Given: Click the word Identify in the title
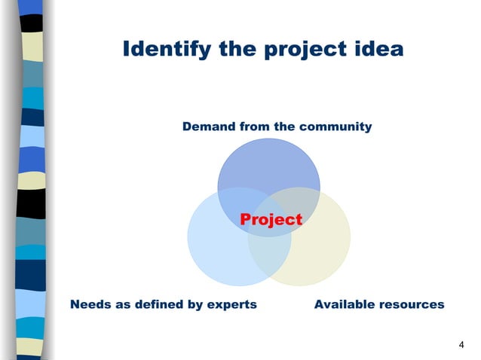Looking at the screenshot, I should pos(167,50).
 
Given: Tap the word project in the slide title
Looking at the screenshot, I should pos(300,50).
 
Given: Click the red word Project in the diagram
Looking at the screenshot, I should pos(271,220).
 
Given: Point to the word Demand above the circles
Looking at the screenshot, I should pos(208,127).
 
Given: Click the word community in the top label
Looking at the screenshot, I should pos(335,127).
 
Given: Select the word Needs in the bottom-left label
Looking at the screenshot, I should pos(90,305).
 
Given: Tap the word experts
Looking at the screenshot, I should pos(232,305).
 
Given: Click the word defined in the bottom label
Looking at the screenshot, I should pos(161,305).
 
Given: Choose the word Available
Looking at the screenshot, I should pos(344,305).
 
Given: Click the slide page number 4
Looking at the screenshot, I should pos(461,345).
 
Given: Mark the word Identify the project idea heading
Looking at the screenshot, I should pos(262,50).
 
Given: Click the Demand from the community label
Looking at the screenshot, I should pos(277,127).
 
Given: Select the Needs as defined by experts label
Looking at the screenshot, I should pos(164,305).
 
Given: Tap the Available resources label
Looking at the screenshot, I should pos(378,305).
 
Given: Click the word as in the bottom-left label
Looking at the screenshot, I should pos(124,305).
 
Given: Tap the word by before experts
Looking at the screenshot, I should pos(197,305).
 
